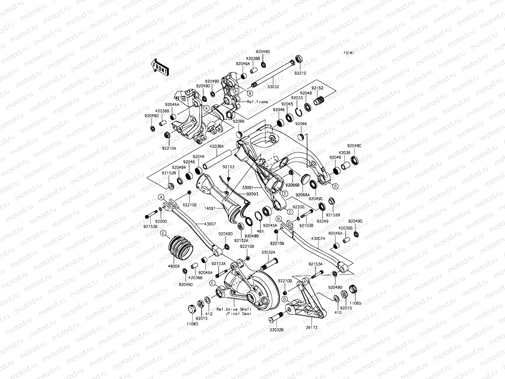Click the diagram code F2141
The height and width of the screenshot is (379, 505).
point(349,53)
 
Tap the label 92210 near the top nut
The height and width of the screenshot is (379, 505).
point(300,73)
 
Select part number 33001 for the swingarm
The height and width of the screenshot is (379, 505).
point(248,188)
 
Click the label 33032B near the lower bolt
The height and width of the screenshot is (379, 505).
point(276,330)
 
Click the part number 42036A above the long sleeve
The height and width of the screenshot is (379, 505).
point(217,146)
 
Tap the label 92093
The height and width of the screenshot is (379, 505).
point(252,194)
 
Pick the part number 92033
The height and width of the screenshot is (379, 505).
point(297,98)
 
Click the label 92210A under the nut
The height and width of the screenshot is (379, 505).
point(169,148)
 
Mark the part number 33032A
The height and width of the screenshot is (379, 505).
point(268,252)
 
